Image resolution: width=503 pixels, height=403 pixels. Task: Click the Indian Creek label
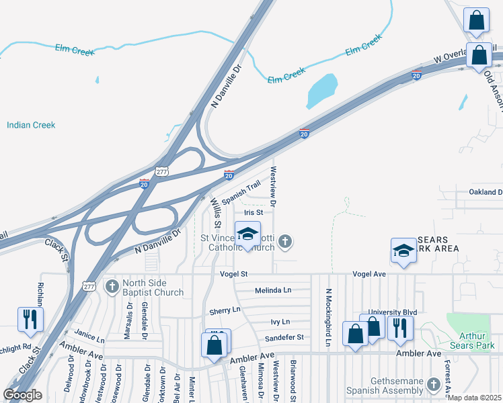tap(31, 125)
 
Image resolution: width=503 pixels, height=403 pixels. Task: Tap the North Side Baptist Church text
tap(153, 287)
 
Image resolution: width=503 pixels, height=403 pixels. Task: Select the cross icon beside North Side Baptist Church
tap(113, 287)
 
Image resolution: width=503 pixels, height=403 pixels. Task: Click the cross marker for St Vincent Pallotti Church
tap(286, 241)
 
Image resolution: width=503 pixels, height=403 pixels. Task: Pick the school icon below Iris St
tap(247, 235)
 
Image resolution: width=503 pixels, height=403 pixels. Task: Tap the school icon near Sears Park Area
tap(403, 251)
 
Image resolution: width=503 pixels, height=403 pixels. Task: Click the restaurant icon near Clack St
tap(30, 320)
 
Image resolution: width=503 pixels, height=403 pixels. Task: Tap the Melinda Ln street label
tap(273, 290)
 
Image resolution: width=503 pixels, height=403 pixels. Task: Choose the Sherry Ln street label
tap(225, 310)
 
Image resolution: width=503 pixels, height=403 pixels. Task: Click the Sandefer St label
tap(284, 337)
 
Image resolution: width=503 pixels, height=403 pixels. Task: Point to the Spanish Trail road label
tap(241, 193)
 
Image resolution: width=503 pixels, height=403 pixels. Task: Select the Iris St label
tap(253, 212)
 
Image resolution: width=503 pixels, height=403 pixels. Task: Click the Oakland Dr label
tap(486, 192)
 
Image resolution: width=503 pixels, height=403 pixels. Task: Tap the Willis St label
tap(215, 212)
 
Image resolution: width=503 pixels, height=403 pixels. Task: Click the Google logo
tap(23, 395)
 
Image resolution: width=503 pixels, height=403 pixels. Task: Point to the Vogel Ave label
tap(370, 274)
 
